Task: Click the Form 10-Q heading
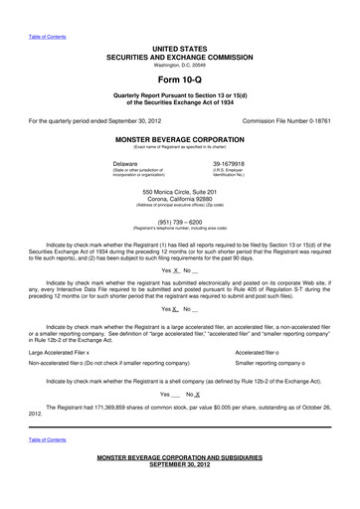point(180,78)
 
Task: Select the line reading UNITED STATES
point(180,48)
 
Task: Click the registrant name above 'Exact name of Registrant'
point(180,140)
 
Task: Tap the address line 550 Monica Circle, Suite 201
point(180,190)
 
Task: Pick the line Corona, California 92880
point(180,197)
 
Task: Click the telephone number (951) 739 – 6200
point(180,222)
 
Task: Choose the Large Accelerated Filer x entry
point(60,324)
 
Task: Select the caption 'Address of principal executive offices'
point(180,204)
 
